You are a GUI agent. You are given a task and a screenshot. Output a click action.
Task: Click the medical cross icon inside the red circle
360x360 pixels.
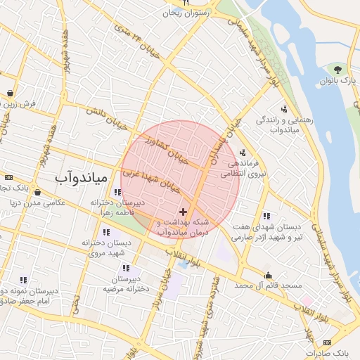tap(184, 211)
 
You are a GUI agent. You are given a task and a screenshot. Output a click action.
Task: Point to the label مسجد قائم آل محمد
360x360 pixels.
tap(268, 286)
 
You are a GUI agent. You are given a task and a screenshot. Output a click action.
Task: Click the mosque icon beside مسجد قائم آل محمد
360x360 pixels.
tap(268, 275)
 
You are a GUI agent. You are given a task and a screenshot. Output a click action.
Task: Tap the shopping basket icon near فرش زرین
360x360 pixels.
tap(10, 93)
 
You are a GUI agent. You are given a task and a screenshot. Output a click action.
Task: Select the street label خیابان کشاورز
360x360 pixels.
tap(166, 148)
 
